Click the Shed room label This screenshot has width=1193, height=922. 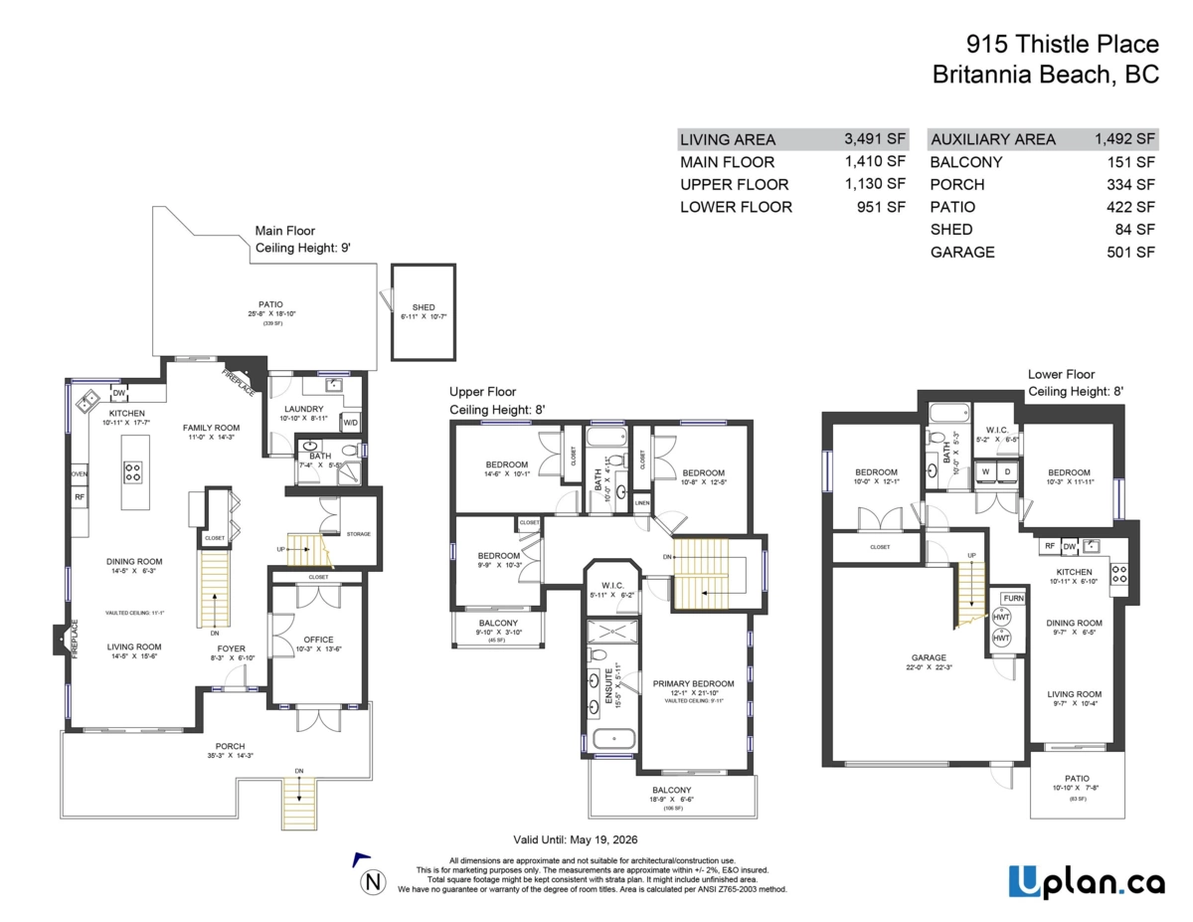click(x=424, y=307)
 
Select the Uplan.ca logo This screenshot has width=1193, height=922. click(x=1080, y=881)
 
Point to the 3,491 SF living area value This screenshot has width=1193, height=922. click(x=875, y=140)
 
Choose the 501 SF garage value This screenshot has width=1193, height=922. click(x=1131, y=252)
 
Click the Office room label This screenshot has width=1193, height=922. click(x=318, y=640)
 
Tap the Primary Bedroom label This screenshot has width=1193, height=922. click(x=693, y=683)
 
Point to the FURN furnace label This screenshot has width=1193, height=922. click(x=1013, y=598)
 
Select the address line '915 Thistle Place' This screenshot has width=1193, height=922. click(x=1062, y=44)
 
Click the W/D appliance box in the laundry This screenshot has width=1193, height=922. click(x=351, y=423)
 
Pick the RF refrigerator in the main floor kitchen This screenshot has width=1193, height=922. click(x=80, y=496)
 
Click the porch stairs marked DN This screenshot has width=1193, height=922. click(x=298, y=791)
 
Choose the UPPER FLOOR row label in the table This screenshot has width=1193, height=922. click(x=734, y=184)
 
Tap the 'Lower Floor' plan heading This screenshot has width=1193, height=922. click(x=1061, y=375)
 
